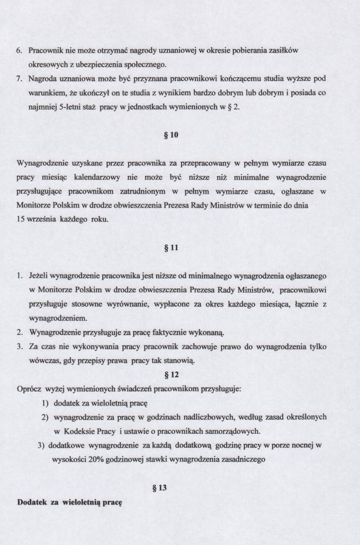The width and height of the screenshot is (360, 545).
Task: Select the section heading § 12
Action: click(x=171, y=374)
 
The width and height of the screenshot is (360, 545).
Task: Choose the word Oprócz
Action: click(x=29, y=389)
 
